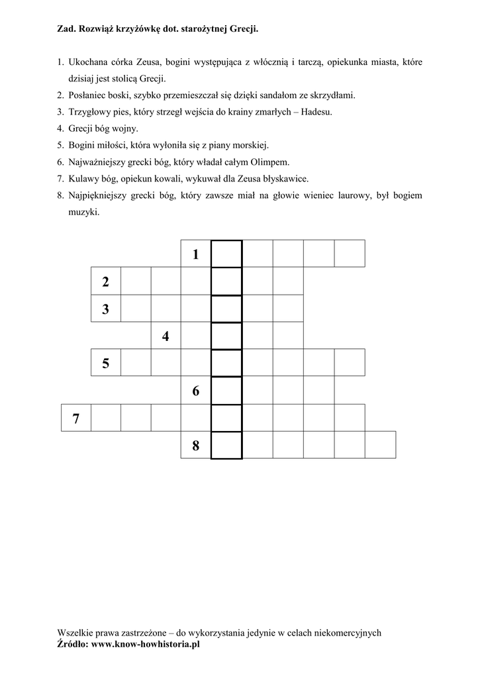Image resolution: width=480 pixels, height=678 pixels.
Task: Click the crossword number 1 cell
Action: coord(196,254)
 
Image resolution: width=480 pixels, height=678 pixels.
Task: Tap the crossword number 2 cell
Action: coord(106,282)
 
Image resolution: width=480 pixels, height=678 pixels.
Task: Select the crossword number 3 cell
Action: coord(106,309)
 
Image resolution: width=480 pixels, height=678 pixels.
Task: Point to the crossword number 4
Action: coord(166,337)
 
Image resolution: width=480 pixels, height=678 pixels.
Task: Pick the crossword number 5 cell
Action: coord(106,363)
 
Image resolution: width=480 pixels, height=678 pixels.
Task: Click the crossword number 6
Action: coord(196,391)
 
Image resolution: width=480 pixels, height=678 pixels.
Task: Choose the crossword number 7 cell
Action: coord(76,418)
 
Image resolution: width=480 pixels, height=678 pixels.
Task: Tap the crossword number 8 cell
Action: coord(196,446)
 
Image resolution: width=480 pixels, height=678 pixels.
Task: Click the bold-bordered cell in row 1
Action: coord(226,254)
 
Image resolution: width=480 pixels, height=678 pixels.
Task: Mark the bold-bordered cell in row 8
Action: coord(226,445)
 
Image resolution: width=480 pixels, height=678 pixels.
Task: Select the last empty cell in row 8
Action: coord(381,445)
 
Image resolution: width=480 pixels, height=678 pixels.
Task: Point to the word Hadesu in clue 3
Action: coord(316,112)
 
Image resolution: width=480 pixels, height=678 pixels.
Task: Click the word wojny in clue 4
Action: coord(126,128)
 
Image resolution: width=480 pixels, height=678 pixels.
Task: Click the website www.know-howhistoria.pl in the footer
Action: coord(145,643)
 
